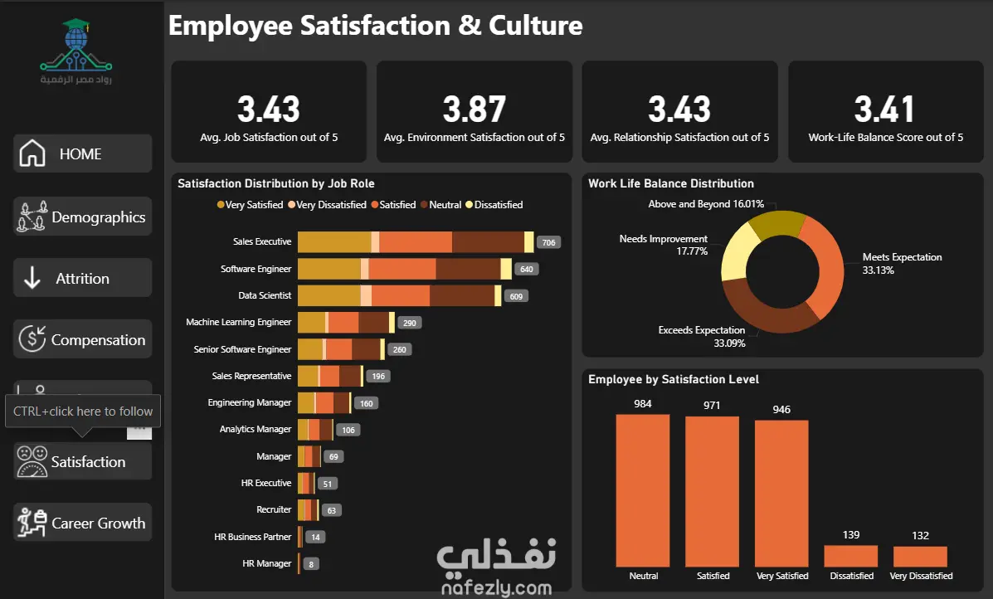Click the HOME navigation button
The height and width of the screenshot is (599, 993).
82,153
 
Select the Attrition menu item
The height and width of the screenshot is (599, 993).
82,278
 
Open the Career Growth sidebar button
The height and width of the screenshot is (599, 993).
82,523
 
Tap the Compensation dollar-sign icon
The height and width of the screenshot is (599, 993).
32,338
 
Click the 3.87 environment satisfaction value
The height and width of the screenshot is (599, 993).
475,109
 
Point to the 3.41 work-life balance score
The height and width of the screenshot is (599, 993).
884,109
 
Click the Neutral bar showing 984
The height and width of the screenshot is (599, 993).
643,490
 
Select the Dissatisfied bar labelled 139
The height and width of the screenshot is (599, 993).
851,556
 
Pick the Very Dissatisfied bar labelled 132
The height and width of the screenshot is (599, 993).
920,557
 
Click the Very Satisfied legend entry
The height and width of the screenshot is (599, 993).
250,205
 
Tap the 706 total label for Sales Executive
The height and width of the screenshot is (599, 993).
548,242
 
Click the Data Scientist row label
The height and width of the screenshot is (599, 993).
265,295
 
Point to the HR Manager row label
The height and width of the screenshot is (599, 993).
266,562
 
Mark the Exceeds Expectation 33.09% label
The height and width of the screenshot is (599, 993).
702,336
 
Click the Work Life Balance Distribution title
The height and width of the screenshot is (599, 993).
670,183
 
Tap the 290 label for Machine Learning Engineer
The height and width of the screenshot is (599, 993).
410,323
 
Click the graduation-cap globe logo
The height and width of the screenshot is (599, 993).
76,45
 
